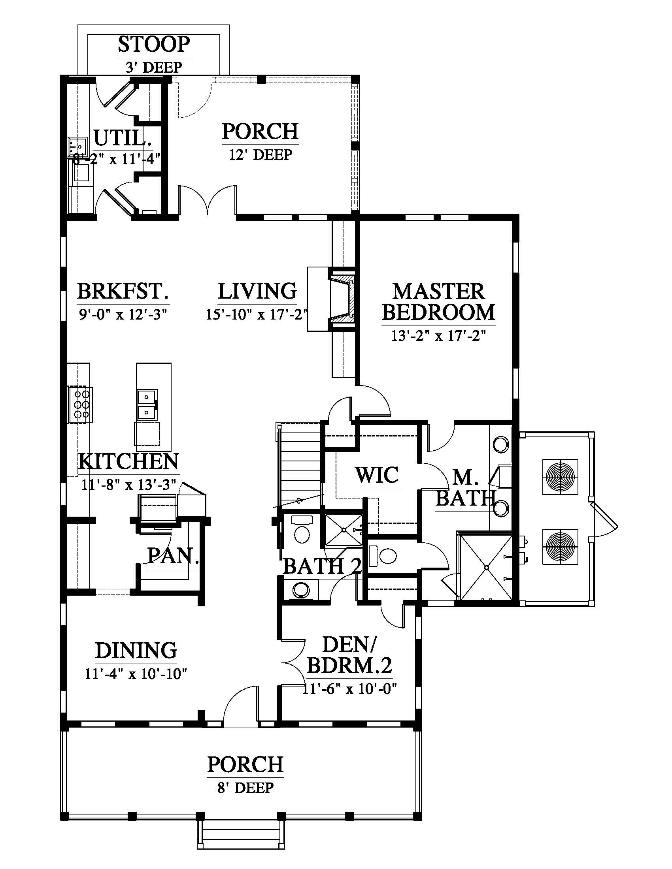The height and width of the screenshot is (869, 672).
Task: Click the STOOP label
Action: click(x=154, y=45)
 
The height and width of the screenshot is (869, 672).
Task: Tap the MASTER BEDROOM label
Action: click(x=438, y=302)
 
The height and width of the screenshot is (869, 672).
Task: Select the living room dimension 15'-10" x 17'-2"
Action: click(x=257, y=314)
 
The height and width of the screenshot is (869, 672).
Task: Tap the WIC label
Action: click(x=377, y=475)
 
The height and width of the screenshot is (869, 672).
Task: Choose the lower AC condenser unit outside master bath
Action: click(x=561, y=546)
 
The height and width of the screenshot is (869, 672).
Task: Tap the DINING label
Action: click(x=136, y=651)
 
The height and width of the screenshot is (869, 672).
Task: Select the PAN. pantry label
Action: click(x=173, y=555)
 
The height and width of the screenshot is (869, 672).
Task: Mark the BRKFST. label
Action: click(x=123, y=291)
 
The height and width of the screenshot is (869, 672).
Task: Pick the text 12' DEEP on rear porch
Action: click(x=260, y=154)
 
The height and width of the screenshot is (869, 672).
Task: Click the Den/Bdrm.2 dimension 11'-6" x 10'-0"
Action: click(x=350, y=688)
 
